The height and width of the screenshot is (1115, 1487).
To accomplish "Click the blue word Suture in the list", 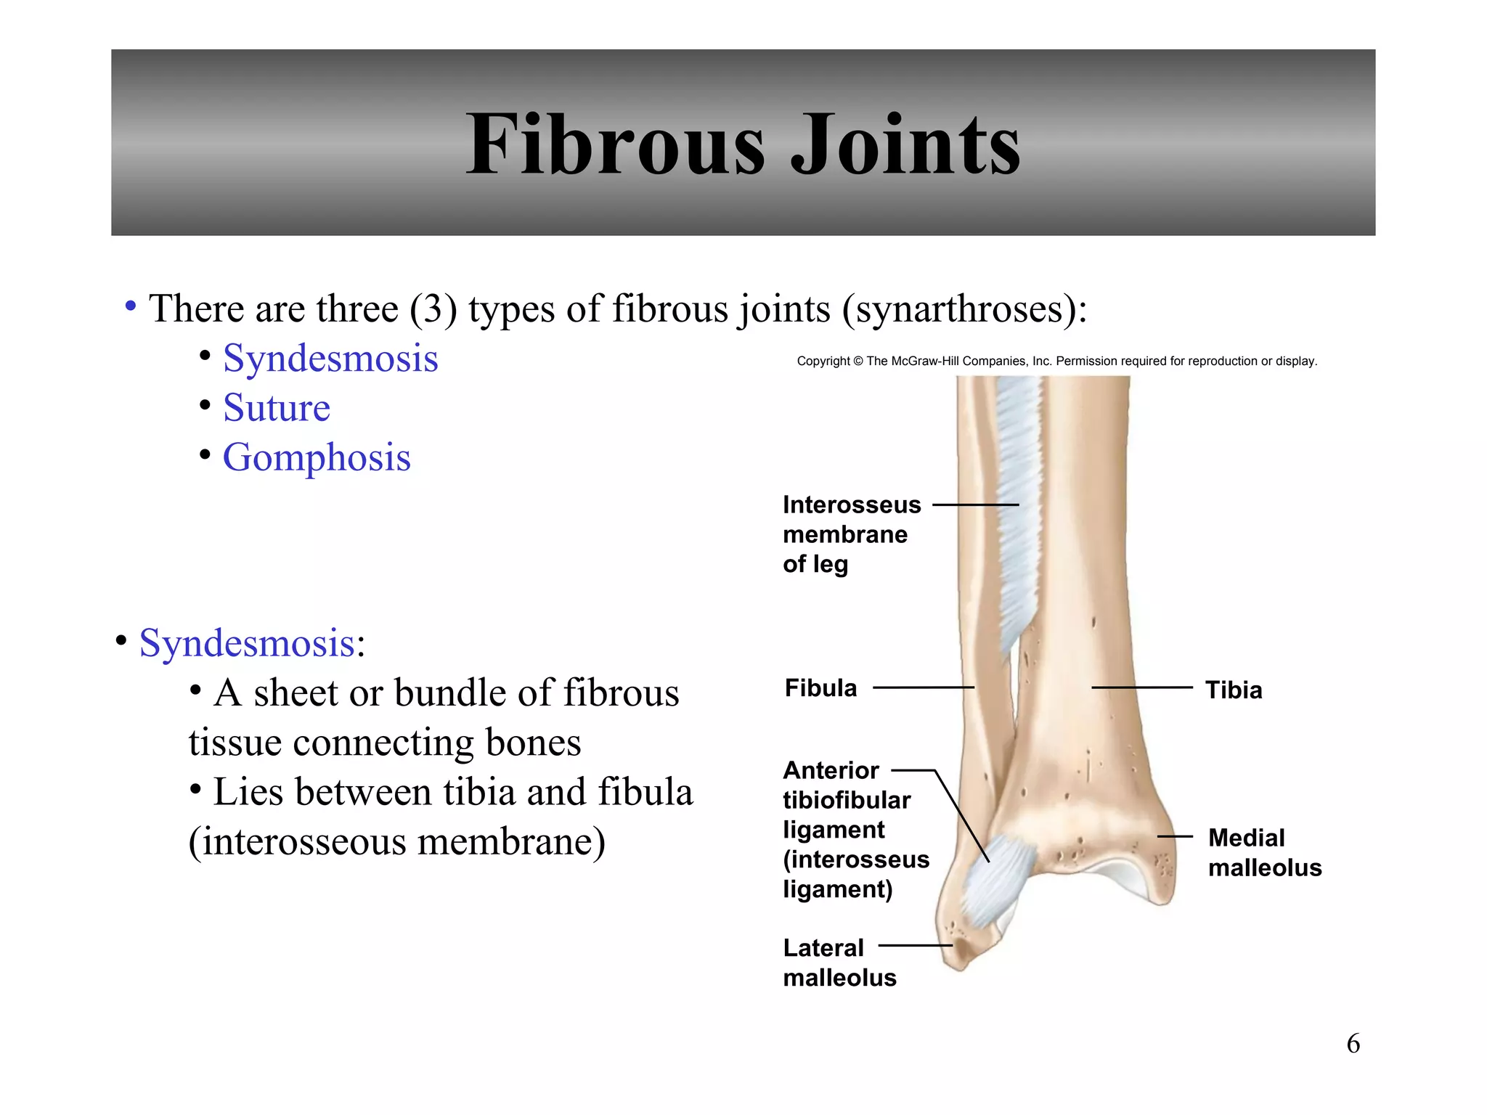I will (277, 407).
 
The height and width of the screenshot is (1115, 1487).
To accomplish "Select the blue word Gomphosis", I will (317, 457).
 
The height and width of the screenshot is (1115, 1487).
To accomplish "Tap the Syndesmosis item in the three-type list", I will (330, 358).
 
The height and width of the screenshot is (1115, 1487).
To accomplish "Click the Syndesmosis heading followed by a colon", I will (247, 643).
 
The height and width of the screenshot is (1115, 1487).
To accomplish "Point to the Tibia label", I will (1234, 690).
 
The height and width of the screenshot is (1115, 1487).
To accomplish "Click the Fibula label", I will (820, 688).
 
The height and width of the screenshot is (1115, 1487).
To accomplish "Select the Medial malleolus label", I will (1264, 852).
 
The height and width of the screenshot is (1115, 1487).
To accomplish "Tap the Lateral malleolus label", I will (839, 963).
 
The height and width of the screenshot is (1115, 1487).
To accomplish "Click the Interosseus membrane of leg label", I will (851, 534).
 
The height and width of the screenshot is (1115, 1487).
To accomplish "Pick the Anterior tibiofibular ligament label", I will (855, 829).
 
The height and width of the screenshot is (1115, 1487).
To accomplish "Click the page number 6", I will (1353, 1044).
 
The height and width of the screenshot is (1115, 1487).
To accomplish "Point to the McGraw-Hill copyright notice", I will (1056, 361).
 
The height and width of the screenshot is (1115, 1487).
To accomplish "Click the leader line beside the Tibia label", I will (1141, 687).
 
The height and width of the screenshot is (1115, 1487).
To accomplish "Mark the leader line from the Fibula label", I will (923, 687).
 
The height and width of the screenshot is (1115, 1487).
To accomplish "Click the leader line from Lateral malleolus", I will (915, 945).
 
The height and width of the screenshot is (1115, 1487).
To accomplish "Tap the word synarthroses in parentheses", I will (962, 309).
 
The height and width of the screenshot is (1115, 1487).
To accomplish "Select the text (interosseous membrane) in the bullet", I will (396, 842).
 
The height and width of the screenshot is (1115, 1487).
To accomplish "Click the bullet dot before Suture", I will (205, 404).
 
